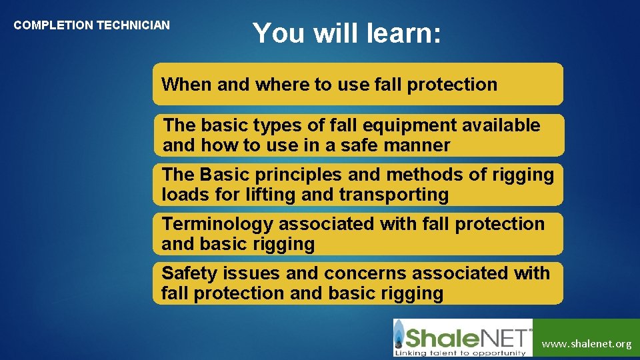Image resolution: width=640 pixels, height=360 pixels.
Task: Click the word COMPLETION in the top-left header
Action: (53, 25)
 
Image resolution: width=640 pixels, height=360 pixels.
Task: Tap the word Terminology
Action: (217, 224)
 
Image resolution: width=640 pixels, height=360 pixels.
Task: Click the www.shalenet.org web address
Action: (587, 344)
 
